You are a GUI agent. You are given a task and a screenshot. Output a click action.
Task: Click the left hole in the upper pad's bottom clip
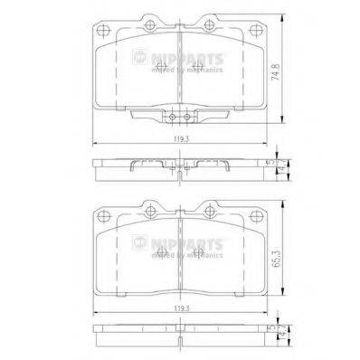click(x=171, y=117)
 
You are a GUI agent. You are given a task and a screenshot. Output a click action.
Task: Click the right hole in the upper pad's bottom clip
click(x=189, y=117)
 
